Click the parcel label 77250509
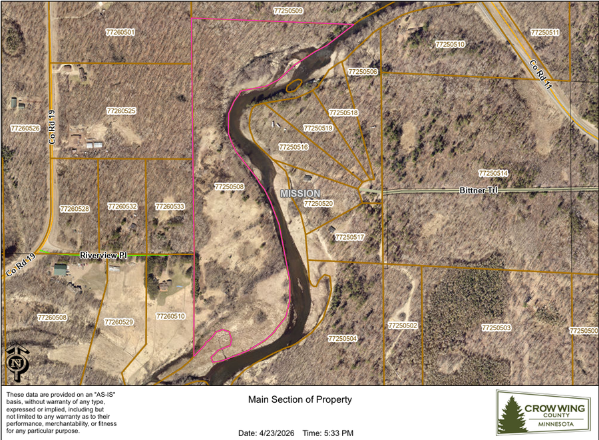point(288,11)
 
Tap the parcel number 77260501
point(120,32)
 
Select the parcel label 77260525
point(121,110)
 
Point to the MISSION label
point(300,193)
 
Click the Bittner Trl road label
point(479,190)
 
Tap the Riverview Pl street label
point(103,255)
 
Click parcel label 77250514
point(493,173)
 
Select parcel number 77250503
point(496,328)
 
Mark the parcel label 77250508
point(229,187)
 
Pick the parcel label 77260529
point(119,322)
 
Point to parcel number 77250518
point(343,113)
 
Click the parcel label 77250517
point(349,237)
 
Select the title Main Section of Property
point(299,400)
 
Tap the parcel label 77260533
point(170,207)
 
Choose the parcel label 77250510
point(450,44)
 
